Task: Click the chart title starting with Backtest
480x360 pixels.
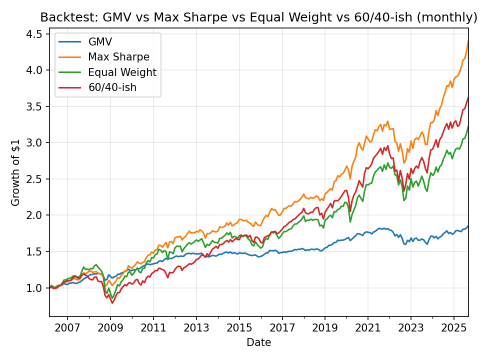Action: tap(258, 17)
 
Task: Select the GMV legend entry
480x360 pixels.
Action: tap(100, 41)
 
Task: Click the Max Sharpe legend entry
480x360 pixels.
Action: tap(118, 57)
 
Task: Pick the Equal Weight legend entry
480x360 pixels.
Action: tap(122, 72)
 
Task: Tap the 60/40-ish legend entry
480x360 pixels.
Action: tap(112, 88)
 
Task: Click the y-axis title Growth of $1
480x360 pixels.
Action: tap(16, 172)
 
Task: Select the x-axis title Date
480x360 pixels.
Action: tap(258, 342)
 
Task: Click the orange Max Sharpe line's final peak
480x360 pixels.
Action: tap(468, 41)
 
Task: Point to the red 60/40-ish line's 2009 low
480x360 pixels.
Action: tap(112, 303)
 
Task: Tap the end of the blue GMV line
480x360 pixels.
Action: tap(468, 225)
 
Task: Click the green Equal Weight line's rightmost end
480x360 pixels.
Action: tap(468, 126)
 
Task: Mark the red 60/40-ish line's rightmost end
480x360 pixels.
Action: tap(468, 97)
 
